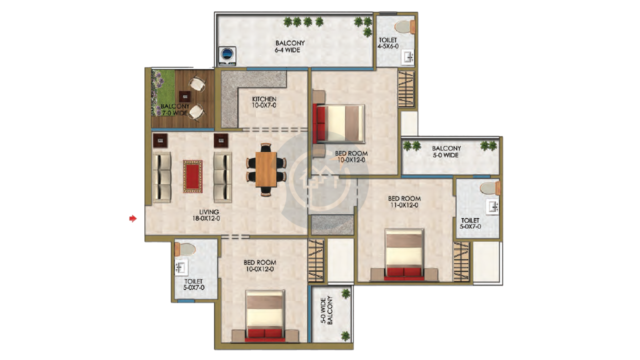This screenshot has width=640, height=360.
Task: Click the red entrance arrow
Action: point(133,218)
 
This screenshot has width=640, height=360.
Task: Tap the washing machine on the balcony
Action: point(227,56)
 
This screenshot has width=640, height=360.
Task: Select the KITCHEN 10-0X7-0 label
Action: point(264,102)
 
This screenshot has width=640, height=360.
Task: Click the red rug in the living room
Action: point(192,176)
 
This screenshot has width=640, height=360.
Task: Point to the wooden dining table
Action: point(265,169)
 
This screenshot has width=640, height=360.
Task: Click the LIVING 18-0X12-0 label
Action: point(206,215)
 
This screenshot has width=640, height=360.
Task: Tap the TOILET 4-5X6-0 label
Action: point(388,43)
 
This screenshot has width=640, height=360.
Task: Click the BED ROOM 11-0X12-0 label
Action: point(404,201)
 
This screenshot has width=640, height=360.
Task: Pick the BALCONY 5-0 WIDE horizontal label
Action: point(446,151)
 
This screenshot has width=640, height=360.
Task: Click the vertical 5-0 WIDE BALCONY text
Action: point(326,310)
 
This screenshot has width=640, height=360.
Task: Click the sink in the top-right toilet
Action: point(408,57)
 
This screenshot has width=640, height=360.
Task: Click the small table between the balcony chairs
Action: point(185,96)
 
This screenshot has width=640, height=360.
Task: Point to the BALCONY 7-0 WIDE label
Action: point(174,109)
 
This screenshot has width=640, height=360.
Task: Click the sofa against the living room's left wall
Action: point(162,177)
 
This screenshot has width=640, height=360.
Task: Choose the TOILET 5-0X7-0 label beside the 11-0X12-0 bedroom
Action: point(470,223)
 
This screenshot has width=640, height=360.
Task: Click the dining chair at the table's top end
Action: point(265,147)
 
